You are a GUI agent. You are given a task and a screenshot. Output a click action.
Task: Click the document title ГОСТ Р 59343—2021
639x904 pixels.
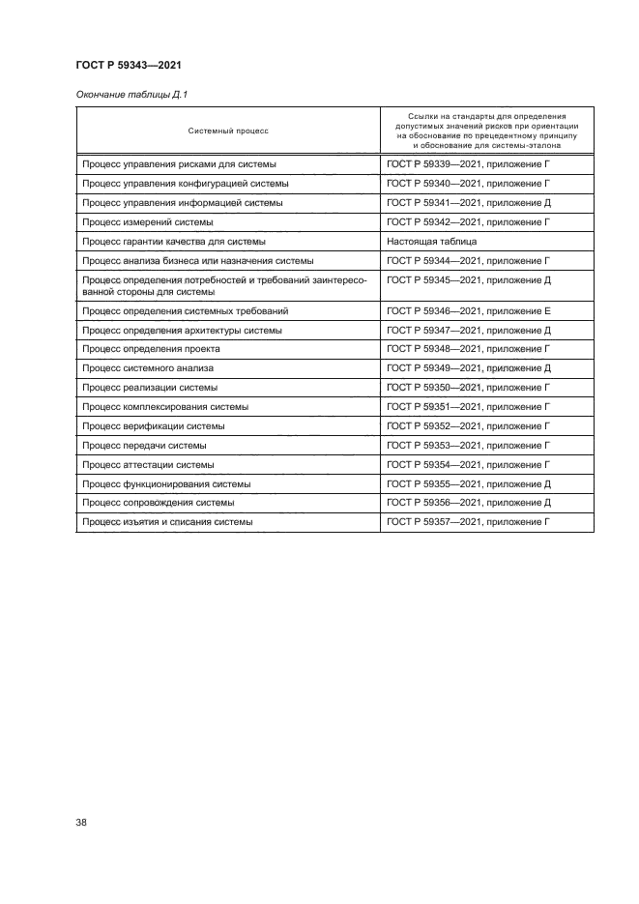[x=129, y=65]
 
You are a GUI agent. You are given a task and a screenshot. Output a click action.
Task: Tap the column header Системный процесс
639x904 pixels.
[x=228, y=129]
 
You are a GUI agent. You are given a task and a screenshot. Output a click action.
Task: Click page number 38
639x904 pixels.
[x=81, y=823]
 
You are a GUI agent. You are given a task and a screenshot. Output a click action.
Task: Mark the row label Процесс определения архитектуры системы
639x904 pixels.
[x=183, y=331]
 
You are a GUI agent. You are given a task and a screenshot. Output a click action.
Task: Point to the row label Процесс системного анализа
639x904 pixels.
[x=148, y=368]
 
